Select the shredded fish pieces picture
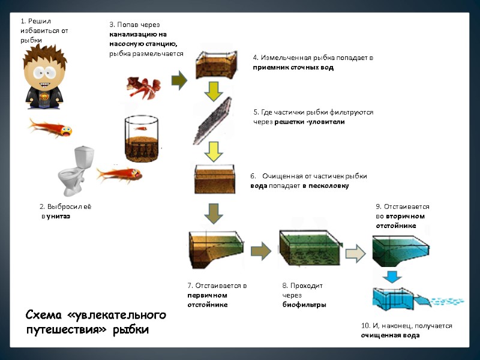[143, 88]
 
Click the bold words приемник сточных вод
[293, 68]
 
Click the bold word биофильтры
[304, 305]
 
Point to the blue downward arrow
[393, 276]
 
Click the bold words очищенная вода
[391, 335]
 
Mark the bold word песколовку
[330, 186]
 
